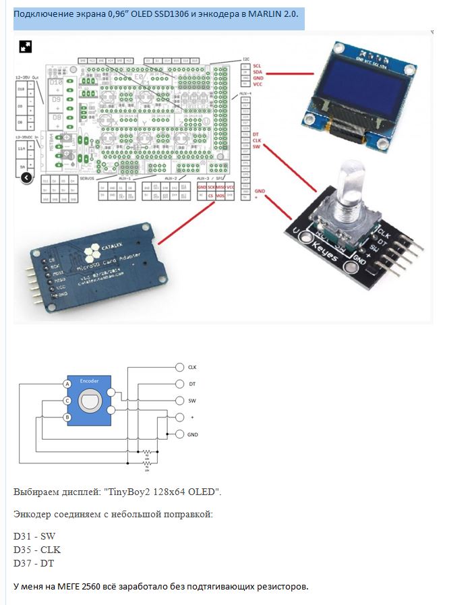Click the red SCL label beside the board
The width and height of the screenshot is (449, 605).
(x=258, y=66)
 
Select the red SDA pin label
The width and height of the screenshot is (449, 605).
(x=258, y=72)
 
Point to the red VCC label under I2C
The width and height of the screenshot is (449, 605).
(x=258, y=85)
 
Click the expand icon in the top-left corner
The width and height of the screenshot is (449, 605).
(x=26, y=47)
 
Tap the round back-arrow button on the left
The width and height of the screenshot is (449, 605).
(x=26, y=178)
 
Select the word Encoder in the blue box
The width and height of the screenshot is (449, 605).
(x=89, y=381)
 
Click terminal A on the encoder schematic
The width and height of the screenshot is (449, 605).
(x=67, y=384)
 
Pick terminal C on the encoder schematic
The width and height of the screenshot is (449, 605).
(x=67, y=401)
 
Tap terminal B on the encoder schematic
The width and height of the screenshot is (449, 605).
(x=67, y=417)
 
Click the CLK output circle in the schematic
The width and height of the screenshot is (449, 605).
(x=179, y=367)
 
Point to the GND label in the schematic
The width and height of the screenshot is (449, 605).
(x=193, y=434)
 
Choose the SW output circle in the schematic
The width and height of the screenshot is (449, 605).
(x=179, y=401)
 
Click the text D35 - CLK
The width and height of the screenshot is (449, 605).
(x=37, y=549)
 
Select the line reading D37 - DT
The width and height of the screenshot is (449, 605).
(x=34, y=563)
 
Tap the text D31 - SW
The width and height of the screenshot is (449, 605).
(x=34, y=536)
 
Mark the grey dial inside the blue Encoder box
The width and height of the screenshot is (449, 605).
(x=89, y=402)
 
